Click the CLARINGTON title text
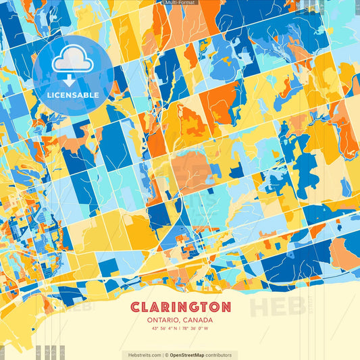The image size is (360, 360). point(180,307)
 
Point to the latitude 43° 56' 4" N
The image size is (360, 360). point(161,329)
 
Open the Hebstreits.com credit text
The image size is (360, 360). point(143,355)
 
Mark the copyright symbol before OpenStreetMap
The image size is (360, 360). point(167,355)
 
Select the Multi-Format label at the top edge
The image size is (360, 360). point(180,3)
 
